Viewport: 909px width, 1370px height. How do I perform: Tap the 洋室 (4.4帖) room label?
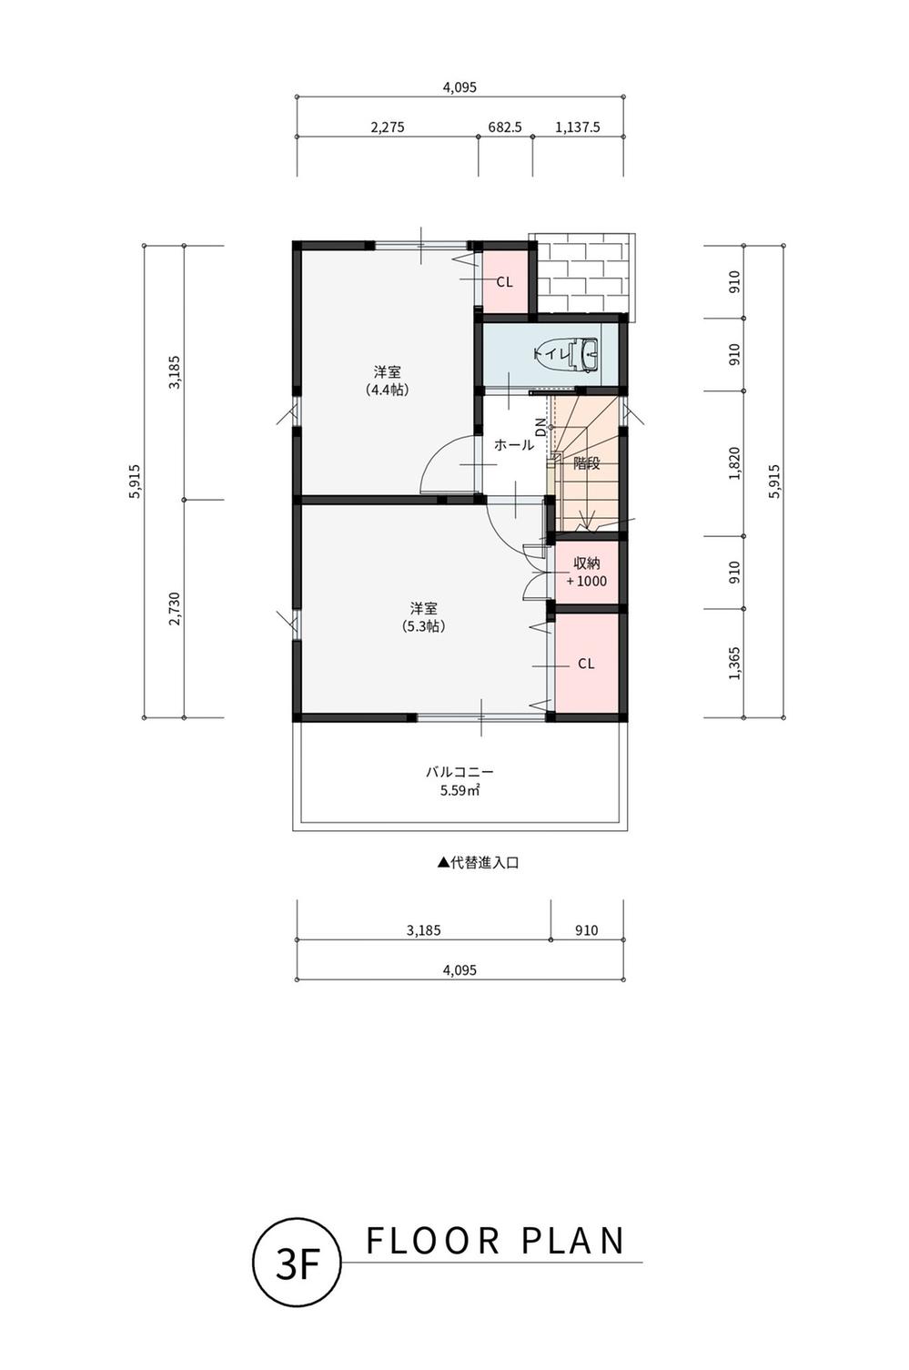coord(387,381)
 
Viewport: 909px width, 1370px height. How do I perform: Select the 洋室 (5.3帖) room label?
coord(423,617)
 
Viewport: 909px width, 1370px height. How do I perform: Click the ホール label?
coord(513,444)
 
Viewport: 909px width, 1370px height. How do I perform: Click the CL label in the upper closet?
coord(504,282)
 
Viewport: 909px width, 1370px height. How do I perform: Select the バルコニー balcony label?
coord(460,772)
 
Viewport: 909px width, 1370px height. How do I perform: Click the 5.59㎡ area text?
coord(460,791)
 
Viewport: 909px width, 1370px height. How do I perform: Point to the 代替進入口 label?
coord(478,863)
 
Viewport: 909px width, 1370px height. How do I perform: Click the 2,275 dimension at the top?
coord(388,127)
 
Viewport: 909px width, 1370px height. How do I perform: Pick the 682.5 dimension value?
coord(504,127)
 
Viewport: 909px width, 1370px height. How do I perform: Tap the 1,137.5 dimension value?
coord(577,127)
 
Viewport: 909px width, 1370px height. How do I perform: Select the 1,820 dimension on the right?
coord(734,463)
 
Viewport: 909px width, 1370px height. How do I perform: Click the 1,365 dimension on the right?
coord(734,663)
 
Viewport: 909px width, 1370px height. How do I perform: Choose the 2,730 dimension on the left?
coord(176,608)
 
